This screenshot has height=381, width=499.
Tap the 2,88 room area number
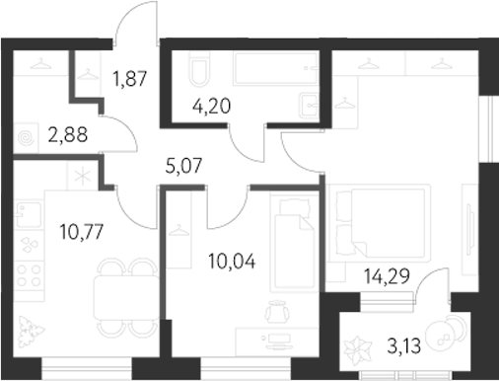click(66, 138)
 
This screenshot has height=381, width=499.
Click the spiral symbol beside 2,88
click(27, 139)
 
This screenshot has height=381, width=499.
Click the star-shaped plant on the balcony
click(356, 346)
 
